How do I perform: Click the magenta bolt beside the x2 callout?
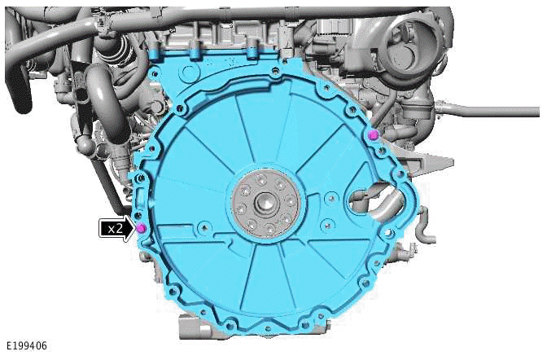coord(141,227)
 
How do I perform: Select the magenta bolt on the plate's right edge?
coord(372,134)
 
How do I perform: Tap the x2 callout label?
coord(115,229)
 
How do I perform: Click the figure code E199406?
coord(25,346)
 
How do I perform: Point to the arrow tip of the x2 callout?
coord(133,229)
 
